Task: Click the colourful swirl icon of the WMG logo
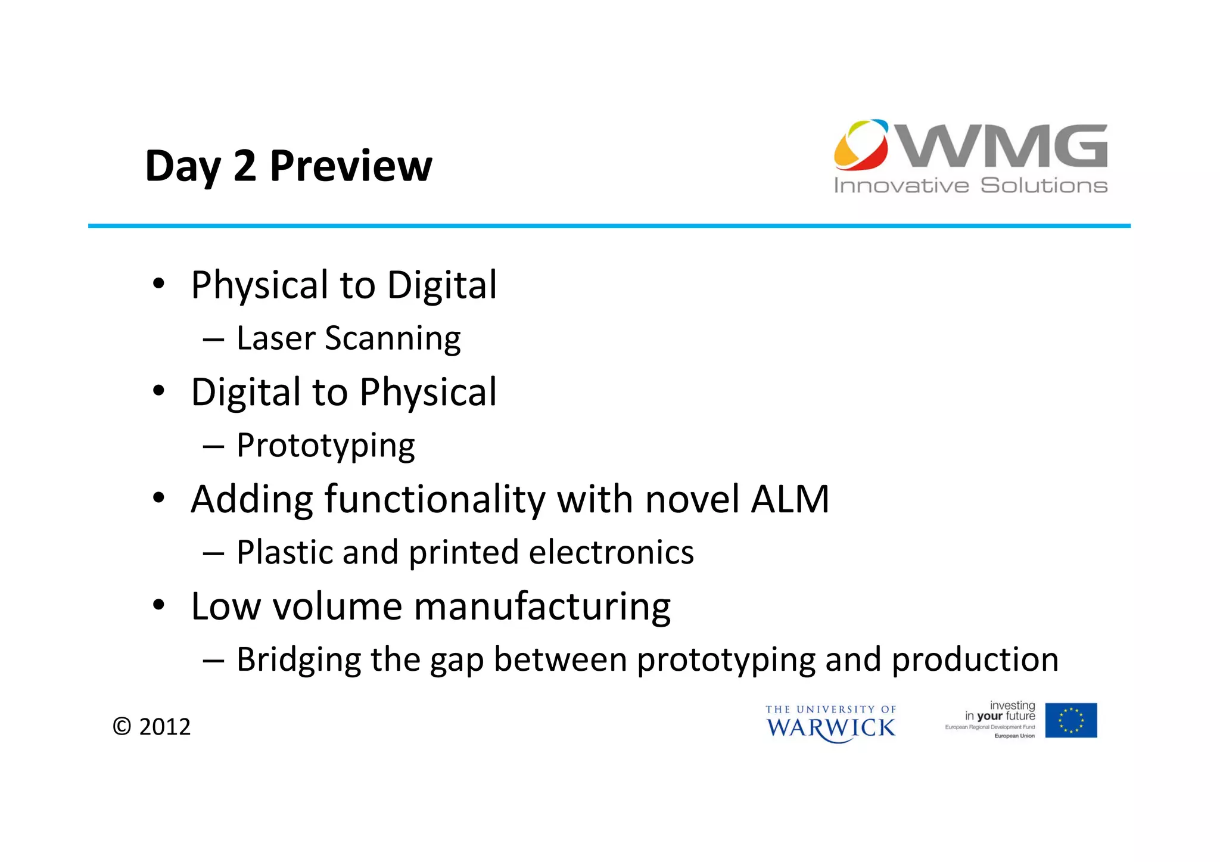click(x=861, y=145)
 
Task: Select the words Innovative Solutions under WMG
click(x=970, y=185)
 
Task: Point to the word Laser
click(x=276, y=338)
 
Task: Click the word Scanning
click(x=393, y=340)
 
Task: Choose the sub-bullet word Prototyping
click(x=326, y=446)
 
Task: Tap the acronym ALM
click(x=790, y=499)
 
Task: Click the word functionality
click(x=435, y=499)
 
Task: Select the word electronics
click(x=611, y=552)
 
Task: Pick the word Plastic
click(x=284, y=552)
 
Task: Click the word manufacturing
click(x=542, y=607)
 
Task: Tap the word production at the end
click(x=975, y=659)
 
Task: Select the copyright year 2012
click(x=164, y=727)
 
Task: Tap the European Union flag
click(x=1071, y=720)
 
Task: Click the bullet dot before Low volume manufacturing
click(x=158, y=605)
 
